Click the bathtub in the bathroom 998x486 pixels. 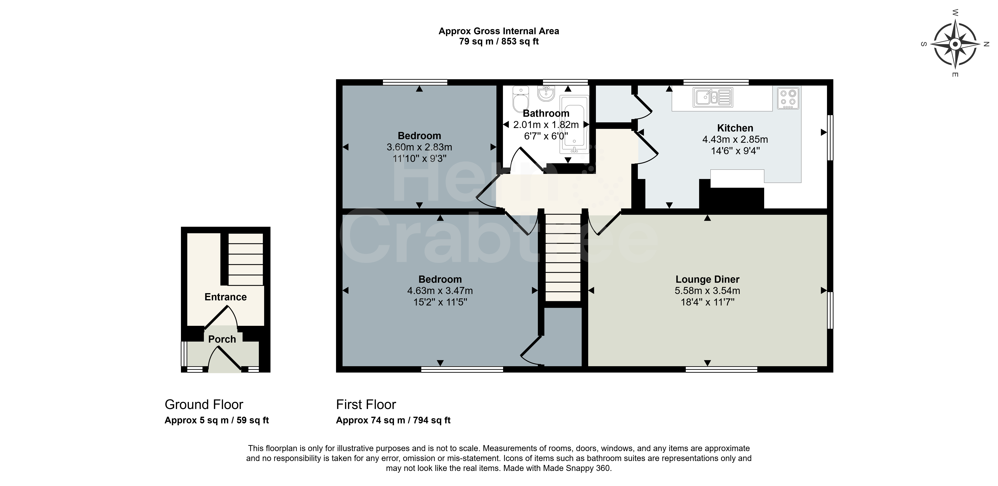point(574,125)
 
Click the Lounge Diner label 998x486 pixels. point(708,279)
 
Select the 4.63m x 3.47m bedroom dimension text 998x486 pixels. point(440,290)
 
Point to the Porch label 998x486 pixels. point(222,339)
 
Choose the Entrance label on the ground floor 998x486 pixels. point(225,297)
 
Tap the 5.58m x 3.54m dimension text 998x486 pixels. point(708,290)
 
